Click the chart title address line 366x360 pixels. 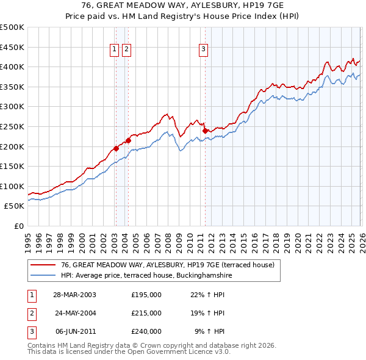click(183, 5)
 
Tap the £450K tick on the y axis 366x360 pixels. click(12, 47)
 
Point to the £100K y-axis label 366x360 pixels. click(12, 186)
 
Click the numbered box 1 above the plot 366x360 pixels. click(115, 50)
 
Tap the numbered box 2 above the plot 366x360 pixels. click(126, 50)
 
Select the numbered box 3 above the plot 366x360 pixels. click(203, 50)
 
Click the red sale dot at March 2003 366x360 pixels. click(116, 148)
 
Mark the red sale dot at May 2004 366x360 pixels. click(129, 140)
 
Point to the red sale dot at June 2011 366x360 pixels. click(205, 130)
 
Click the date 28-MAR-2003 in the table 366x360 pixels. click(75, 295)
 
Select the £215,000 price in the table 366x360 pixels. click(146, 313)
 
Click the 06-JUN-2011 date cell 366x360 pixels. click(75, 331)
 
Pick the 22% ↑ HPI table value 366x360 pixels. click(207, 295)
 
